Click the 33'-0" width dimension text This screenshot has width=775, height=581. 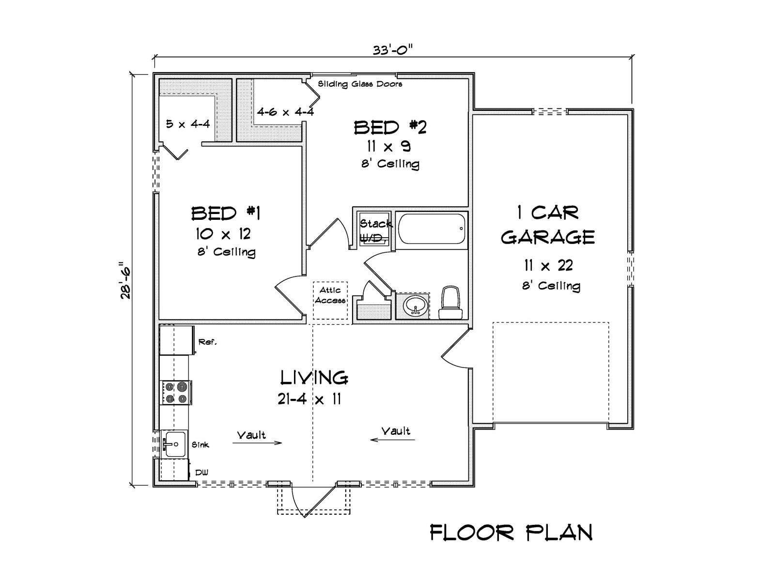tap(393, 50)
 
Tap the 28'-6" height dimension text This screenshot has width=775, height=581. tap(125, 280)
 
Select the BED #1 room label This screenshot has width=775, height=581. tap(226, 214)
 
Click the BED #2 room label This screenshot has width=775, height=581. tap(390, 127)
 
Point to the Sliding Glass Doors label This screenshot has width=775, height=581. tap(360, 84)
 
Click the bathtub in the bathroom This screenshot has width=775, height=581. tap(432, 229)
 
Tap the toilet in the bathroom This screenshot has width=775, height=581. tap(450, 303)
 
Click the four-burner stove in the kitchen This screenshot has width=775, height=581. tap(176, 393)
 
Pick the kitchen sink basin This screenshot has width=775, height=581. tap(174, 444)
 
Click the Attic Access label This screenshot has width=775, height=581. tap(330, 295)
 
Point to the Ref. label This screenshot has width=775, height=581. tap(208, 342)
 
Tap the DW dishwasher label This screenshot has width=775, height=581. tap(201, 473)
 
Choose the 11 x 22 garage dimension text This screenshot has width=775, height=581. tap(548, 266)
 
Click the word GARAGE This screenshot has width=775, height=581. tap(548, 237)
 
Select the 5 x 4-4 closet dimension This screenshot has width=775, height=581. tap(188, 124)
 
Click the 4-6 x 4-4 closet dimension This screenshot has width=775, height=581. tap(285, 112)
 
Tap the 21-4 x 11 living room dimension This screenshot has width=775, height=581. tap(310, 399)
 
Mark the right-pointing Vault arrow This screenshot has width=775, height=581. tap(257, 443)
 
